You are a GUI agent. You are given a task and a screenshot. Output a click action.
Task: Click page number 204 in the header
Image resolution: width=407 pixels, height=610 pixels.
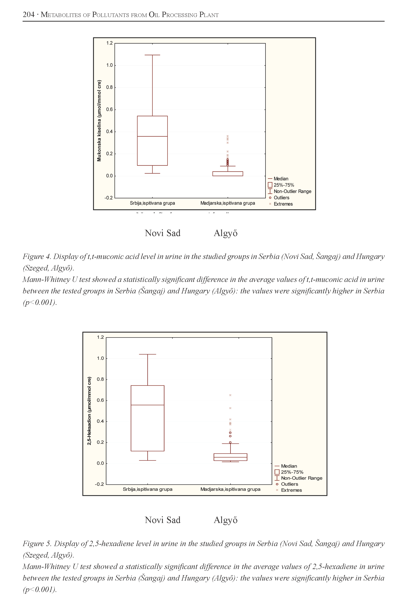point(29,15)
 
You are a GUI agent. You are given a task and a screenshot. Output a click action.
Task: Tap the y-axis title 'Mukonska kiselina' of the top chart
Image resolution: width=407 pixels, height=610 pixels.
point(99,121)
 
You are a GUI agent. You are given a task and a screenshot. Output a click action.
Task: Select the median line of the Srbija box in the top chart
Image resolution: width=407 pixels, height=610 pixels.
point(152,136)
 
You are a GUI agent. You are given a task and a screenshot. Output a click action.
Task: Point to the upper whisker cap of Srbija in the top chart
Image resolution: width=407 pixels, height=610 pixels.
point(152,55)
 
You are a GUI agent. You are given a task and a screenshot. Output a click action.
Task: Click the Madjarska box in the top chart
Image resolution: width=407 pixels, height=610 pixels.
point(228,173)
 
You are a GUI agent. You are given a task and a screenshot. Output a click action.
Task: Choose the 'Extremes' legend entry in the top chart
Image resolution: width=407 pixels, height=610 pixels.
point(283,204)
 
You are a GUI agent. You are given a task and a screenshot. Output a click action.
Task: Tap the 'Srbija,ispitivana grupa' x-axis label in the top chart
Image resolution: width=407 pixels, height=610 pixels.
point(152,203)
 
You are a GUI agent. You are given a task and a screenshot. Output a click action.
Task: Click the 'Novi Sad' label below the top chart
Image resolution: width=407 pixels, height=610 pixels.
point(162,233)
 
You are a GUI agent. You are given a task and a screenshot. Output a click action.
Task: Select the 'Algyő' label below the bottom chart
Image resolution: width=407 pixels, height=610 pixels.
point(225,520)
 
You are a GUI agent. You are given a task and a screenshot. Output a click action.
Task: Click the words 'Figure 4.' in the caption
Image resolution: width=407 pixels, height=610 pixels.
point(37,257)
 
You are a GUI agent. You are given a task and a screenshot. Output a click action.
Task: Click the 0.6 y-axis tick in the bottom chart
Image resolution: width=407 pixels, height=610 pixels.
point(100,400)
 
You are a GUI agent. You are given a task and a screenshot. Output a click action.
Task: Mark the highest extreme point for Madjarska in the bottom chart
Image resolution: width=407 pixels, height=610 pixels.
point(230,395)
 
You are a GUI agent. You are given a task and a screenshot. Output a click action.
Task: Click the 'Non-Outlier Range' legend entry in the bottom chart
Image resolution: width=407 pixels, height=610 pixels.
point(301,478)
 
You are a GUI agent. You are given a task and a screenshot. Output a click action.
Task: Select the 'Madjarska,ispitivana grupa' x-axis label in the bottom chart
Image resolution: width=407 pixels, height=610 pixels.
point(230,489)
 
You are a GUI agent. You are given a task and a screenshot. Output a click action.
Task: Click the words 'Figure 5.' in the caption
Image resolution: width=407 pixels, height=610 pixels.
point(37,544)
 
